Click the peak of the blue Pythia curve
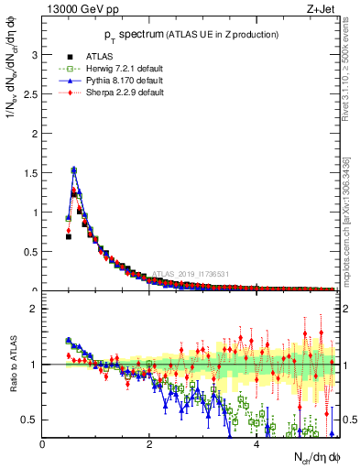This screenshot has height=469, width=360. tap(73, 169)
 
